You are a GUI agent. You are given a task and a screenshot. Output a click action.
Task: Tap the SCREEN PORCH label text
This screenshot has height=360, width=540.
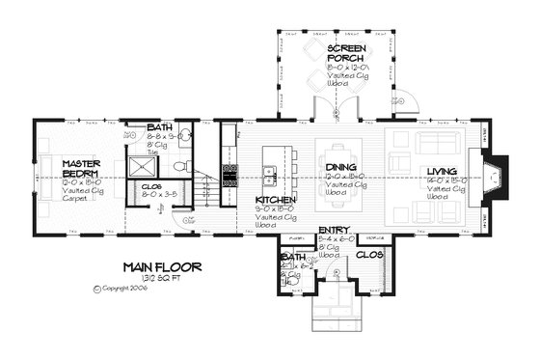point(344,53)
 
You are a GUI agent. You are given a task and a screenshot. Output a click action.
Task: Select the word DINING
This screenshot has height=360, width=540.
point(342,167)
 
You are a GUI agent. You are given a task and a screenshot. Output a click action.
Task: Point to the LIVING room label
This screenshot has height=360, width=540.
point(445,172)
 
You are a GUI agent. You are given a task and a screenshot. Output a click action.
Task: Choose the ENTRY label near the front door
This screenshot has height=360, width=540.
point(335,230)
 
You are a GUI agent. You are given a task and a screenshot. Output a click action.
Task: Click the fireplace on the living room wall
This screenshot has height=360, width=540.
point(493,176)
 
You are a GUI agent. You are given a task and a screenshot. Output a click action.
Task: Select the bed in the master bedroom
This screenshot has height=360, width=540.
point(48,179)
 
